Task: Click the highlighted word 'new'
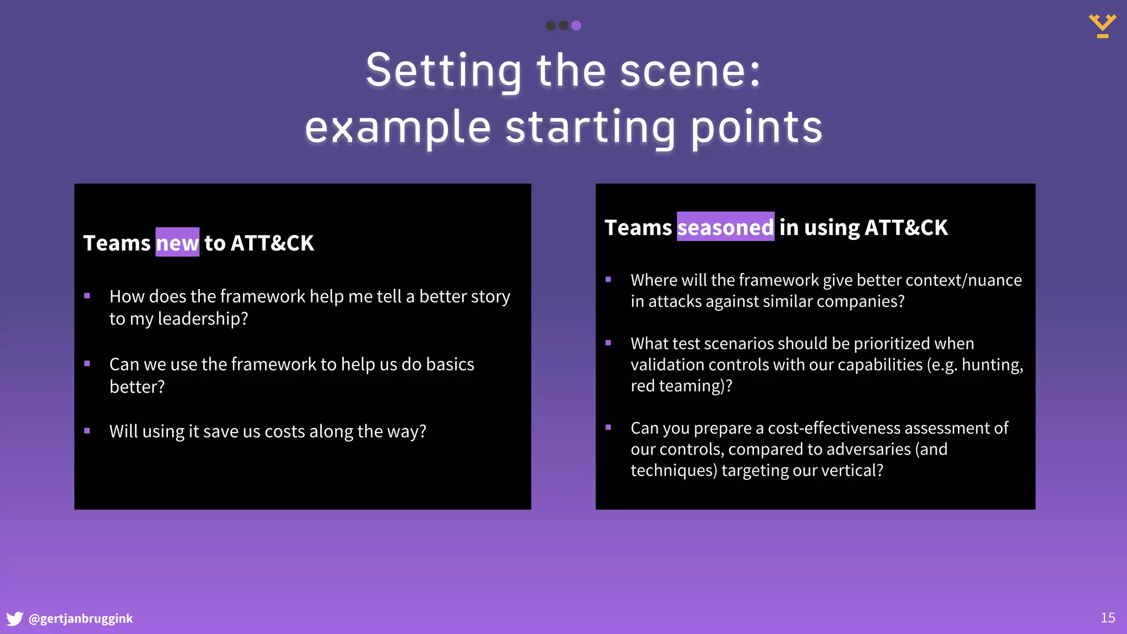pyautogui.click(x=177, y=243)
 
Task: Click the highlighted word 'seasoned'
pyautogui.click(x=725, y=227)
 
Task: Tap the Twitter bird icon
pyautogui.click(x=15, y=619)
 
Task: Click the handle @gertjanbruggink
pyautogui.click(x=80, y=619)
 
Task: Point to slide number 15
pyautogui.click(x=1107, y=618)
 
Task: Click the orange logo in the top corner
pyautogui.click(x=1102, y=26)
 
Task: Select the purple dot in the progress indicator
pyautogui.click(x=576, y=25)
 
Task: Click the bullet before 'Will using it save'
pyautogui.click(x=87, y=431)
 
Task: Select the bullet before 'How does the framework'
pyautogui.click(x=87, y=296)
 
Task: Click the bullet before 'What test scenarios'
pyautogui.click(x=608, y=343)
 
